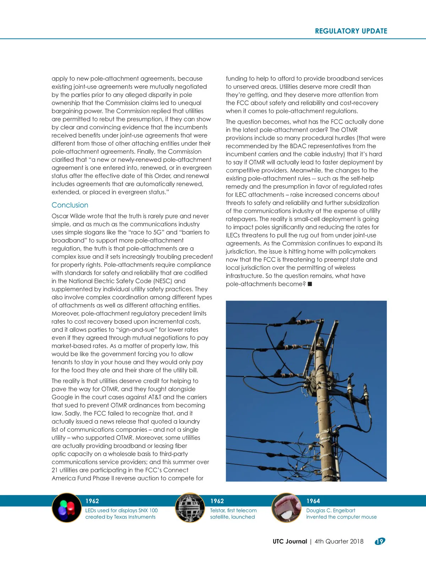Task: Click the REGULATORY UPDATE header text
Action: pyautogui.click(x=351, y=31)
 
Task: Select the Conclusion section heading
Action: pyautogui.click(x=70, y=205)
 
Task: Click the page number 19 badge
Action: pyautogui.click(x=380, y=541)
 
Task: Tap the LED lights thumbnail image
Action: pyautogui.click(x=67, y=508)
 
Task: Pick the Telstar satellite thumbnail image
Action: pyautogui.click(x=190, y=508)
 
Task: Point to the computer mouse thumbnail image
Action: pyautogui.click(x=286, y=508)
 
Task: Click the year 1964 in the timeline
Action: pyautogui.click(x=313, y=501)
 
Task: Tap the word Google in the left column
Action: pyautogui.click(x=62, y=397)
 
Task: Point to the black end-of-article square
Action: pyautogui.click(x=310, y=284)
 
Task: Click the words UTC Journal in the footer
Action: pyautogui.click(x=290, y=541)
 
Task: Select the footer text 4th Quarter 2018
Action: pyautogui.click(x=339, y=541)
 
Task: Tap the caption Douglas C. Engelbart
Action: pyautogui.click(x=331, y=510)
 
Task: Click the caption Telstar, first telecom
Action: pyautogui.click(x=233, y=510)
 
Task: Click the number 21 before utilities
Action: pyautogui.click(x=55, y=470)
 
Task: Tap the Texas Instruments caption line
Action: pyautogui.click(x=120, y=517)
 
